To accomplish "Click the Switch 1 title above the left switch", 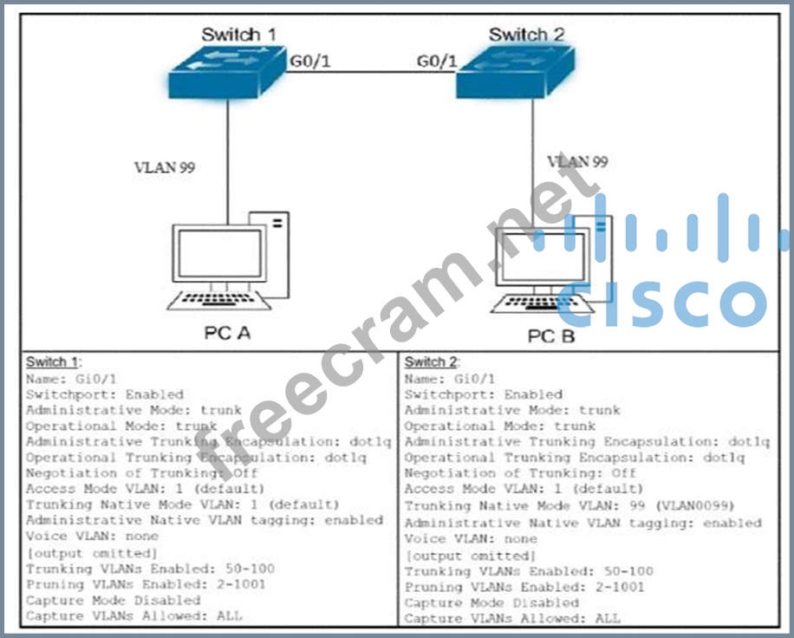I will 239,35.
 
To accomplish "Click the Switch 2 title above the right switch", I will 526,35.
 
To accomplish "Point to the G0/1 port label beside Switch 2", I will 437,62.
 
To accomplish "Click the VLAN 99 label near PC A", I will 164,167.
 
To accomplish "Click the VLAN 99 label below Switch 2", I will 576,161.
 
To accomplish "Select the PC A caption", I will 227,332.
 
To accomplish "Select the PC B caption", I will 551,335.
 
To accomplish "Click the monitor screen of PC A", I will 220,254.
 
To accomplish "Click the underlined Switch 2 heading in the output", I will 433,362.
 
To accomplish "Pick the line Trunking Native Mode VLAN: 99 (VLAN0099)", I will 569,506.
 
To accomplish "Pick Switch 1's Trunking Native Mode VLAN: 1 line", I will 182,505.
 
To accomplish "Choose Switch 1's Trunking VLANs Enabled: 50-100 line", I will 150,569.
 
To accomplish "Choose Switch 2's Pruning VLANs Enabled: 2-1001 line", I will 524,587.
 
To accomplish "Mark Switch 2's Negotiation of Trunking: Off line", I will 520,473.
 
